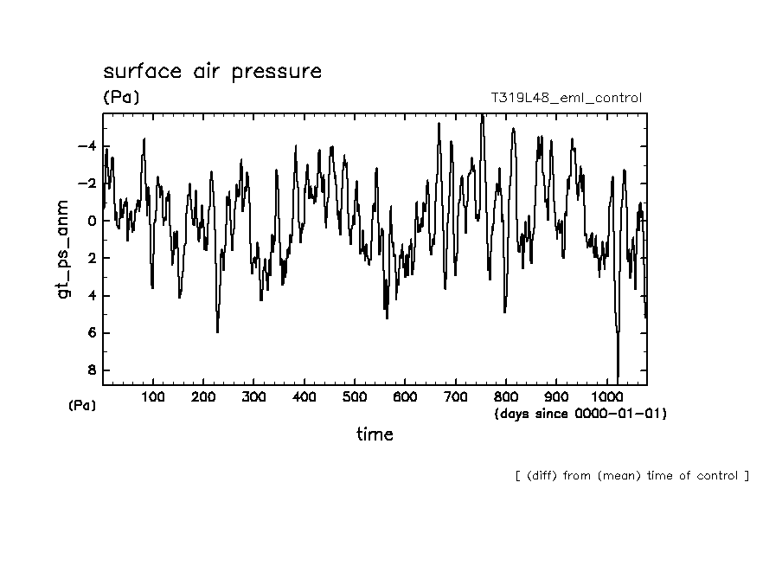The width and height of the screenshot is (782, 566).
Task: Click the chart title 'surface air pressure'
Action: pyautogui.click(x=212, y=71)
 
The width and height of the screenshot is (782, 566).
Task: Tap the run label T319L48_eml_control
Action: pyautogui.click(x=566, y=98)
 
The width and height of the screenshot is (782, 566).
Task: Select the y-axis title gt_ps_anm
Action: pyautogui.click(x=63, y=250)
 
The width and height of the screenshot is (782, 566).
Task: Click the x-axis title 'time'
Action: pyautogui.click(x=375, y=434)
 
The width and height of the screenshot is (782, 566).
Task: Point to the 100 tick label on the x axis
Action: pyautogui.click(x=153, y=396)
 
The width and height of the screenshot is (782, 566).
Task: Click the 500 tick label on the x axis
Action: pyautogui.click(x=355, y=396)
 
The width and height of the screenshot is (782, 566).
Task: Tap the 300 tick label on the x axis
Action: pyautogui.click(x=253, y=396)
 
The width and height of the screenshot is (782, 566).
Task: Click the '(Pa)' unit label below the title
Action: pyautogui.click(x=120, y=98)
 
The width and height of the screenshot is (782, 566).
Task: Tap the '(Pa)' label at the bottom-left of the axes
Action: pyautogui.click(x=81, y=405)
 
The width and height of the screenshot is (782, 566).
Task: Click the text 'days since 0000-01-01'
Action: pyautogui.click(x=580, y=414)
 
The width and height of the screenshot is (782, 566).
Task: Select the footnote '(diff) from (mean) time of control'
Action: pyautogui.click(x=631, y=475)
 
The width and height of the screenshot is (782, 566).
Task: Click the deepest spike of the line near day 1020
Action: pyautogui.click(x=618, y=377)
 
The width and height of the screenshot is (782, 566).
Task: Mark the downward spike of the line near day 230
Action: pyautogui.click(x=217, y=331)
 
